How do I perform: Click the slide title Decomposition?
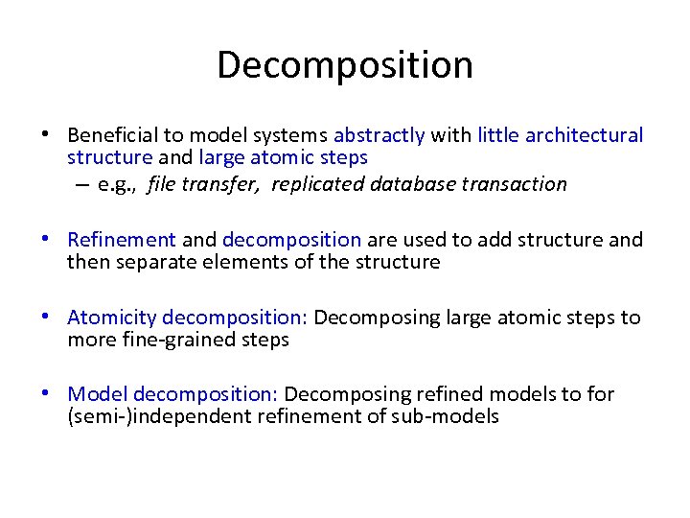coord(345,65)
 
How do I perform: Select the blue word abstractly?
coord(379,135)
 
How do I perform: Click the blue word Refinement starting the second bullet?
coord(122,239)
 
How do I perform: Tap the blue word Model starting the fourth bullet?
coord(98,394)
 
